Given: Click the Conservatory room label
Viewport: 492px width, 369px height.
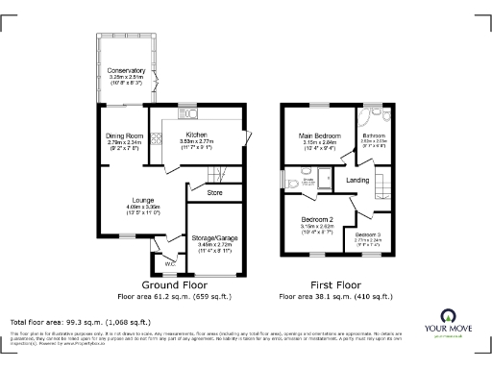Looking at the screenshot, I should point(127,71).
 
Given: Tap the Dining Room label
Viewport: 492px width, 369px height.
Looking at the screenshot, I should point(124,136).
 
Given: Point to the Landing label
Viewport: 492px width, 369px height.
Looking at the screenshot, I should point(358,180).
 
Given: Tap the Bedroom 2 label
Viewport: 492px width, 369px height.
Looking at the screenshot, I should point(316,220).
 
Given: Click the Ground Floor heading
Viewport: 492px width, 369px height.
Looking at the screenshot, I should point(175,285).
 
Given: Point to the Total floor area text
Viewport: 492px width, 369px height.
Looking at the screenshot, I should point(79,321).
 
